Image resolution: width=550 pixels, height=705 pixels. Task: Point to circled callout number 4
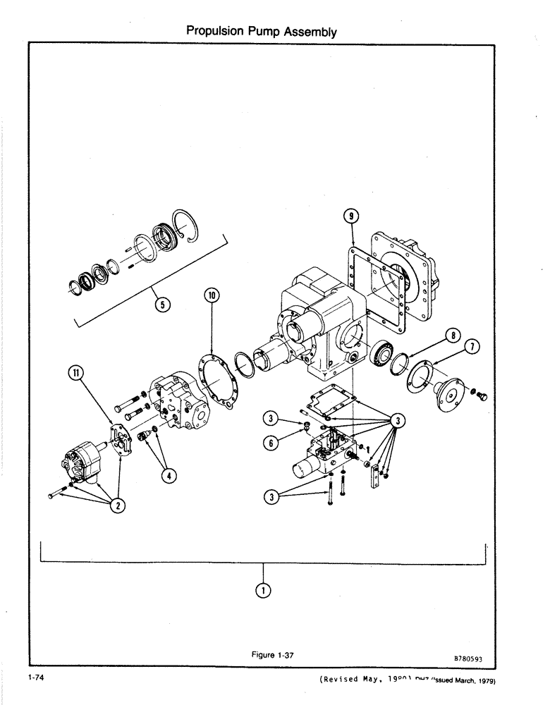point(166,474)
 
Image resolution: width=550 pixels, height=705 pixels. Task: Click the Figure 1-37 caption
point(272,655)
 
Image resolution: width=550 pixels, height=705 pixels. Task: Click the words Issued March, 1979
point(458,681)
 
